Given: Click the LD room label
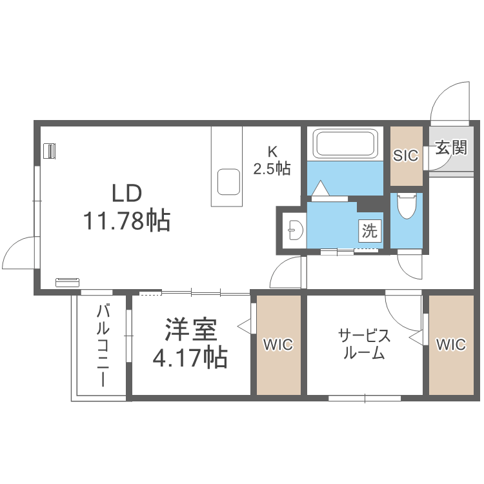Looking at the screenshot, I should (126, 193).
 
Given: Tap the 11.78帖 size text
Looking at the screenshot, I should (126, 221).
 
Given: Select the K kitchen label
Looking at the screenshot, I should (272, 152).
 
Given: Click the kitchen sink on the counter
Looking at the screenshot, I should (228, 181).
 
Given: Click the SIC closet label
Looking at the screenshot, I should (406, 156).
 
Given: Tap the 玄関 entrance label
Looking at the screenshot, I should (450, 148).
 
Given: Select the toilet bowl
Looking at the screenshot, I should (406, 207).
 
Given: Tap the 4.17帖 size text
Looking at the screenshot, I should (189, 357).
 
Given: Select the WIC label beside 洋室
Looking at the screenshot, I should (278, 345).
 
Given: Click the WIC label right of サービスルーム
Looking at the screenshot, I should (450, 345).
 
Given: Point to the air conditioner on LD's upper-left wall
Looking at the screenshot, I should (49, 151).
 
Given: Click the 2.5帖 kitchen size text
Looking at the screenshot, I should (272, 169).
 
